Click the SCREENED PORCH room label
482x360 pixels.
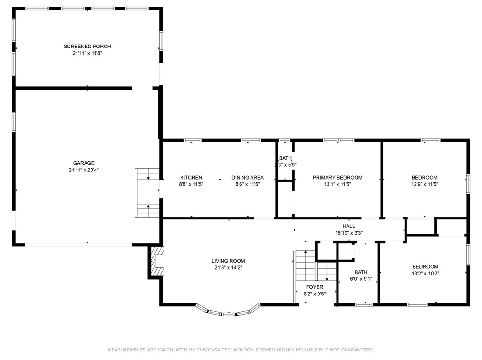tap(87, 47)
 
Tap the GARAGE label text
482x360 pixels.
tap(84, 163)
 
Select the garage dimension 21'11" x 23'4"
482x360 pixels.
tap(84, 170)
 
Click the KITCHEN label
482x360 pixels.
tap(191, 178)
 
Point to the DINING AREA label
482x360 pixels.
tap(248, 178)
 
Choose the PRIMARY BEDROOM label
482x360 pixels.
tap(337, 178)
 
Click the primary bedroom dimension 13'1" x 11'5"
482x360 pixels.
tap(337, 184)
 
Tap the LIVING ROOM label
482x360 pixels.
tap(228, 261)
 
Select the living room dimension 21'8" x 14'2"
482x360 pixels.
tap(228, 267)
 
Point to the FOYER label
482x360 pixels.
tap(315, 287)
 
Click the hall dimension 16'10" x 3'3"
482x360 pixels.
tap(349, 233)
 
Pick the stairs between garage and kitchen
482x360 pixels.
tap(147, 193)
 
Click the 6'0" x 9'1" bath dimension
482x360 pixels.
tap(361, 279)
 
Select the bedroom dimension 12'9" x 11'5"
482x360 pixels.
tap(424, 184)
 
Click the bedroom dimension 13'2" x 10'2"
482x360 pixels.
tap(425, 274)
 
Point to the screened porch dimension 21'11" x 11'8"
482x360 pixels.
tap(87, 53)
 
